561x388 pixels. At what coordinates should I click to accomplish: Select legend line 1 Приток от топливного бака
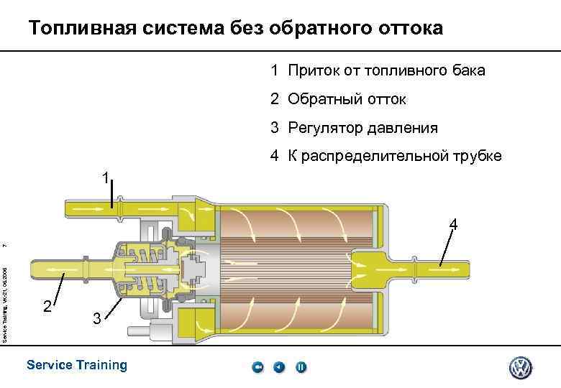pos(378,70)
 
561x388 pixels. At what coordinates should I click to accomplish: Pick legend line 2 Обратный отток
pos(338,99)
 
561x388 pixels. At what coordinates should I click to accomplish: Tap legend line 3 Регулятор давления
pos(354,128)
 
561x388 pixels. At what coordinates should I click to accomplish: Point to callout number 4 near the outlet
pos(453,226)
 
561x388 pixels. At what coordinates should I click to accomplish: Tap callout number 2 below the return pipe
pos(47,307)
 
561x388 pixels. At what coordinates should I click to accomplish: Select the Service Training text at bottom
pos(76,365)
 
